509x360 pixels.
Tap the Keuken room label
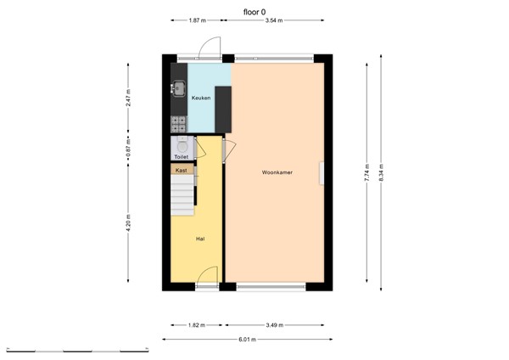coord(200,98)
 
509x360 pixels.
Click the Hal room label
coord(200,239)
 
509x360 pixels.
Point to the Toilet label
coord(181,157)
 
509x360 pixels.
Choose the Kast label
coord(181,171)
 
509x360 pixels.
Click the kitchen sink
coord(179,86)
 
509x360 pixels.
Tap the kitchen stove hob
coord(179,124)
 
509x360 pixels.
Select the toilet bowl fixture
coord(183,145)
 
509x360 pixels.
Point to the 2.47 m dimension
coord(128,98)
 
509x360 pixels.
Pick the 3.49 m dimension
coord(274,324)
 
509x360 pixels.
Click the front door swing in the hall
coord(204,277)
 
